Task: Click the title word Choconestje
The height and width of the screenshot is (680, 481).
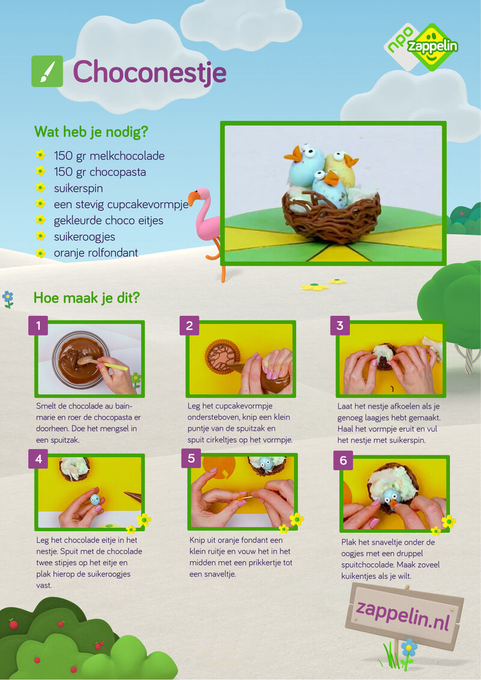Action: point(149,72)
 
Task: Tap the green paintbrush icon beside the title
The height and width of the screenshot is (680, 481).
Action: point(47,71)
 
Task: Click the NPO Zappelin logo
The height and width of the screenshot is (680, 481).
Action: point(421,46)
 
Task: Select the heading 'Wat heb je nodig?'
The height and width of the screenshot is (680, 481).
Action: point(91,132)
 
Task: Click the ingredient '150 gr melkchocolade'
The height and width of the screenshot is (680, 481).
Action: point(109,156)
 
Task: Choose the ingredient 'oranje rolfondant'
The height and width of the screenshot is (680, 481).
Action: point(96,252)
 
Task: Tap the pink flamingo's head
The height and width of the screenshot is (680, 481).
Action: point(200,196)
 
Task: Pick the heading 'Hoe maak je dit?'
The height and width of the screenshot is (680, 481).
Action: point(87,298)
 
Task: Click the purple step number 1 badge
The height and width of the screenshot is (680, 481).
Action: point(38,325)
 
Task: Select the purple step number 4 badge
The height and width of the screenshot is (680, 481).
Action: point(38,458)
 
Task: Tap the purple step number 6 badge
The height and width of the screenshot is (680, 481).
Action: point(343,460)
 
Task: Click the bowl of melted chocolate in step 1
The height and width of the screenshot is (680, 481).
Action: point(81,359)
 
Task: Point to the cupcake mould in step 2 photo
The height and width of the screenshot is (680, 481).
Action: point(222,356)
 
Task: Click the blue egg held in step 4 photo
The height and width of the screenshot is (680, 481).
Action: point(94,499)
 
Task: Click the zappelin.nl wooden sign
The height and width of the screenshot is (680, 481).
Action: point(404,611)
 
